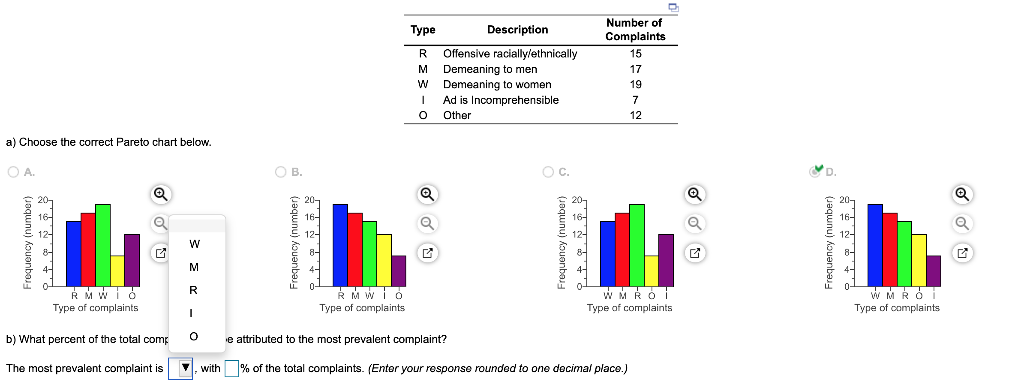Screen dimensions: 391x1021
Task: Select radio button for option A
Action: [13, 172]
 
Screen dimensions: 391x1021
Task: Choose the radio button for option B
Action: [281, 172]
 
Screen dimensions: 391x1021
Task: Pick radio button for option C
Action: [548, 172]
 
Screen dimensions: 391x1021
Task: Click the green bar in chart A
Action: [103, 245]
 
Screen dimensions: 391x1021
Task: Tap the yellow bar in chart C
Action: [652, 271]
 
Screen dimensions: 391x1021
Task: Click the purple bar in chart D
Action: [934, 271]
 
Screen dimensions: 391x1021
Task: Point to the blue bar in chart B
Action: [340, 245]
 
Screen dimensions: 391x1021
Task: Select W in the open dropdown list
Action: [194, 244]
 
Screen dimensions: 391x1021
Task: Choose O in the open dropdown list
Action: [194, 337]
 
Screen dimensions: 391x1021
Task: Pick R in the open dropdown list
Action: [194, 290]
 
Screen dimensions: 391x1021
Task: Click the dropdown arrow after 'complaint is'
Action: [185, 368]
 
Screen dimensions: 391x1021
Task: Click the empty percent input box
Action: [232, 368]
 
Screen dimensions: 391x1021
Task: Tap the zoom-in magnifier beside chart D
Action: [962, 194]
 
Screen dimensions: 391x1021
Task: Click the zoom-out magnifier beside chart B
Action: [427, 223]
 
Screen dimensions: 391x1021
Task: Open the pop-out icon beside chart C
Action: [695, 253]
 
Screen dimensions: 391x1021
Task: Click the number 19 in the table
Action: [635, 84]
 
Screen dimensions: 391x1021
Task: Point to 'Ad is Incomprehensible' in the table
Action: [501, 100]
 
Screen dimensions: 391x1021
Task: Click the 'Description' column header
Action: [517, 30]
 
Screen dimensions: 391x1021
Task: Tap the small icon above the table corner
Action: [674, 7]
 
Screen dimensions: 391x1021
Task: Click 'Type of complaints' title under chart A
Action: [96, 308]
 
